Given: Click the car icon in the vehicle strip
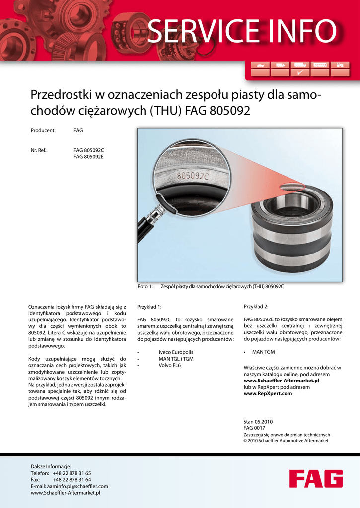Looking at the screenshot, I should click(x=261, y=65).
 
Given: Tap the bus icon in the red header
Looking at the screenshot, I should click(x=320, y=65).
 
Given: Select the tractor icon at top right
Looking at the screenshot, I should click(x=340, y=65).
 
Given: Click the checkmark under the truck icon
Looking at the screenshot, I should click(x=300, y=73).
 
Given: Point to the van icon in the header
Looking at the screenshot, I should click(x=280, y=65).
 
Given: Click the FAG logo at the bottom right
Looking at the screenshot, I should click(x=316, y=479).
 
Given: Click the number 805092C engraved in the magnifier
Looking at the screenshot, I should click(x=193, y=175).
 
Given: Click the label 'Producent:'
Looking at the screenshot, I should click(x=43, y=131).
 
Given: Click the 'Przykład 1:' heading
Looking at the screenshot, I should click(x=149, y=307).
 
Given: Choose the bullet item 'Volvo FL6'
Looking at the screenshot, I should click(x=169, y=366).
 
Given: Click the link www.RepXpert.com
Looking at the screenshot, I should click(x=268, y=394).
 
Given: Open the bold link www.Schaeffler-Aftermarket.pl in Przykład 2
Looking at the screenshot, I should click(x=281, y=381).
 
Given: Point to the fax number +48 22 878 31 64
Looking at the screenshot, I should click(x=72, y=480).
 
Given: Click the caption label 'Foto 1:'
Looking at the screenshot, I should click(x=145, y=287).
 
